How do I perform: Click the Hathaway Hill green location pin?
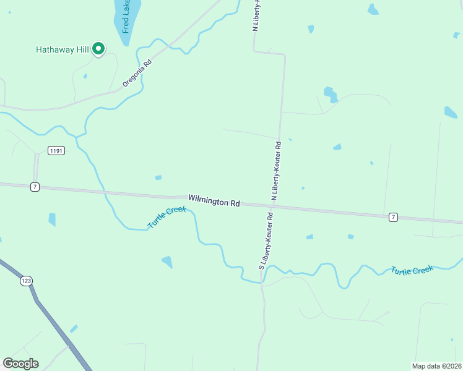(x=98, y=49)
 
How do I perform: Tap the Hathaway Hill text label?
(x=63, y=49)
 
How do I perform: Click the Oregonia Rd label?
(x=137, y=73)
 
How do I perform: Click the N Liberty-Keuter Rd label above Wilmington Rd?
(x=276, y=171)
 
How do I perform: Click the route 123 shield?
(x=25, y=281)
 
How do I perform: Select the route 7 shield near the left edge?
(x=35, y=187)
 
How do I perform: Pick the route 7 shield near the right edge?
(x=393, y=217)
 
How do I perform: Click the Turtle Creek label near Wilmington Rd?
(x=167, y=218)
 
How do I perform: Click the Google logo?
(x=21, y=364)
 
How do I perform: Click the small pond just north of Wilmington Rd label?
(x=158, y=178)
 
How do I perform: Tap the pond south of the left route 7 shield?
(x=52, y=220)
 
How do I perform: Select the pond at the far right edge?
(x=450, y=112)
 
